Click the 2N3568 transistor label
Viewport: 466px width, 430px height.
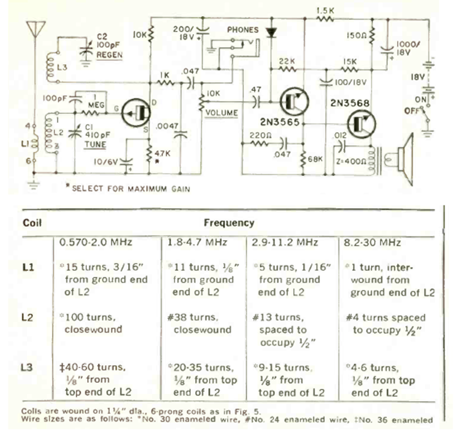pos(350,104)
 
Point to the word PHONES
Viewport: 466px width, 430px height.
pos(242,30)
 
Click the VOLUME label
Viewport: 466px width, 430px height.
pos(223,112)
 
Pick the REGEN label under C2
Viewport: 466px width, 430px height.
pos(110,54)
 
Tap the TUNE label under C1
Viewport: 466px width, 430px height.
pos(97,144)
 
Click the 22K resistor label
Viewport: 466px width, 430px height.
pos(287,61)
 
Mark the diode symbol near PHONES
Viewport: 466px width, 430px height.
pos(271,32)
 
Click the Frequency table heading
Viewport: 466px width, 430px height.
pos(229,222)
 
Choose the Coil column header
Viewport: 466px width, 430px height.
pos(32,222)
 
